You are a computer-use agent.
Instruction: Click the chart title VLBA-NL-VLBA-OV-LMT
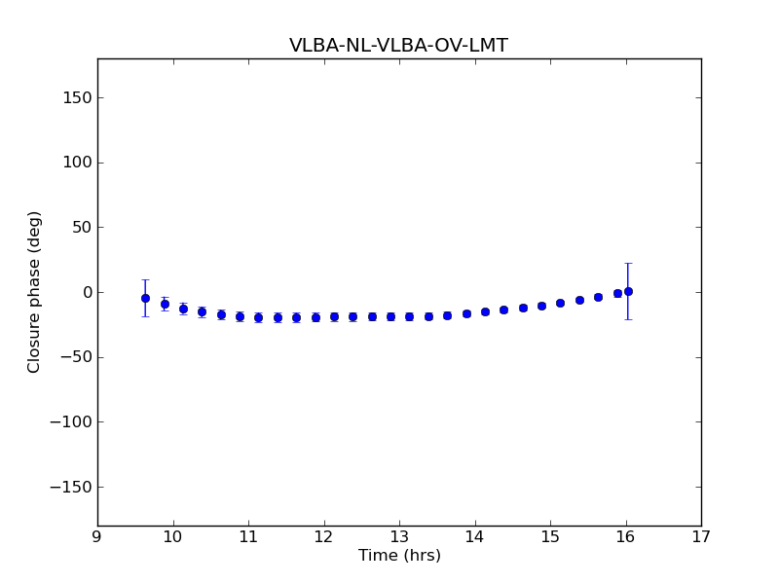click(x=398, y=46)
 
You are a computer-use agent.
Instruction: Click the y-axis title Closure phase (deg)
click(x=35, y=292)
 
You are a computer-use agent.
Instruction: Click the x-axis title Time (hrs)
click(x=399, y=556)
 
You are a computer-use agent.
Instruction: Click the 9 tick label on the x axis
click(x=97, y=536)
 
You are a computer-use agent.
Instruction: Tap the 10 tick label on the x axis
click(x=172, y=536)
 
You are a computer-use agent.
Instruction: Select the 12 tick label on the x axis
click(x=323, y=536)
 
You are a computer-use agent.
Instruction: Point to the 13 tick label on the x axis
click(x=399, y=536)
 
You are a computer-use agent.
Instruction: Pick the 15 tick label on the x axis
click(x=550, y=536)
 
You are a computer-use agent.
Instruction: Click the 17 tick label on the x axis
click(x=701, y=536)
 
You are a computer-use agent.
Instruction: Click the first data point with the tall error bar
click(x=145, y=298)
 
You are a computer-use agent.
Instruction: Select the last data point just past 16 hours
click(x=628, y=291)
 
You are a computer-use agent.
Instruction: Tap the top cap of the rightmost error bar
click(x=628, y=263)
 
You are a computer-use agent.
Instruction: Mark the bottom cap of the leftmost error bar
click(x=145, y=316)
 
